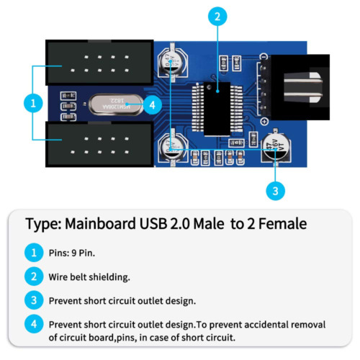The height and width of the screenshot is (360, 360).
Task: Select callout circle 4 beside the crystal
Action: click(151, 104)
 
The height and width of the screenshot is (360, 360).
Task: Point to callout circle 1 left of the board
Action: click(32, 103)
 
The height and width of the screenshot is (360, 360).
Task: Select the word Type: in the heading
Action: click(42, 224)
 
